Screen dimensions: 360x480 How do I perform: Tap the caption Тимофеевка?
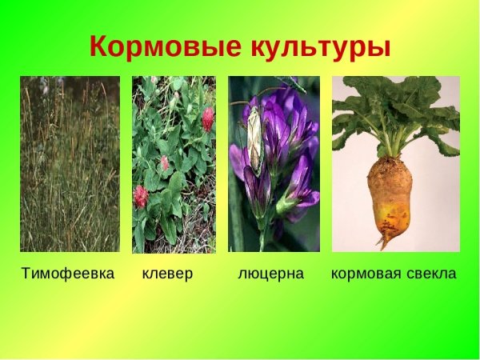[x=68, y=274]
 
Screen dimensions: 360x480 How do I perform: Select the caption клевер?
[x=167, y=274]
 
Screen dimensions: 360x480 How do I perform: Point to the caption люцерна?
[x=271, y=274]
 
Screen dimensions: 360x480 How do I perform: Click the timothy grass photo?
[x=70, y=164]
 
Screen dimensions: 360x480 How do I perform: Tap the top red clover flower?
[x=207, y=119]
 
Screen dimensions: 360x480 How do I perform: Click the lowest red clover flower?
[x=142, y=196]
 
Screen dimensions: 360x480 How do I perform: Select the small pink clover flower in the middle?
[x=165, y=164]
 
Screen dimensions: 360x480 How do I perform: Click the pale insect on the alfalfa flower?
[x=255, y=140]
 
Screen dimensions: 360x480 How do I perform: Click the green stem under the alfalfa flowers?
[x=262, y=236]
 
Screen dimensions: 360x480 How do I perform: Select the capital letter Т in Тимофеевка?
[x=26, y=274]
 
